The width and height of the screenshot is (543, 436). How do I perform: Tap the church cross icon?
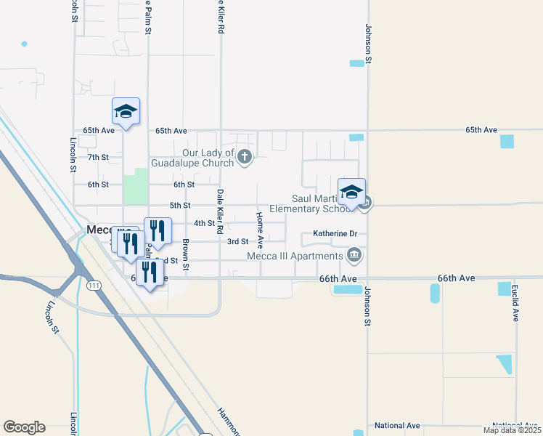[245, 156]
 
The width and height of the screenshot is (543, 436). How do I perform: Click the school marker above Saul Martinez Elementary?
[351, 193]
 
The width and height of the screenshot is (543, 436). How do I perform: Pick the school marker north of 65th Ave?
[126, 112]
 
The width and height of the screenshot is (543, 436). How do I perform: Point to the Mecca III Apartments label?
[294, 256]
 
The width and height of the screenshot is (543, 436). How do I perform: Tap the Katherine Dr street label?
[335, 234]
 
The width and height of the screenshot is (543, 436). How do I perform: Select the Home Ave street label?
[259, 226]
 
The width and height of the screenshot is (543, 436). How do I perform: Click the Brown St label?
[187, 254]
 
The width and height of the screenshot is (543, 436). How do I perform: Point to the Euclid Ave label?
[516, 307]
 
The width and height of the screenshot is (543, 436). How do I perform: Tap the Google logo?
[24, 427]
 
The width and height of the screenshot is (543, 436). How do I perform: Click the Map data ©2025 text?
[512, 430]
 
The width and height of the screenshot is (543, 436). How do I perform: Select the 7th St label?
[98, 157]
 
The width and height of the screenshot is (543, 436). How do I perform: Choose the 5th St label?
[179, 206]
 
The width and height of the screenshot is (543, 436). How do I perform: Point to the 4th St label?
[204, 223]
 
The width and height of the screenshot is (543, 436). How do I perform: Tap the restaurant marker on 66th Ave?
[149, 272]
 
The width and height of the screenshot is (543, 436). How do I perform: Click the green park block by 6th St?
[136, 186]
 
